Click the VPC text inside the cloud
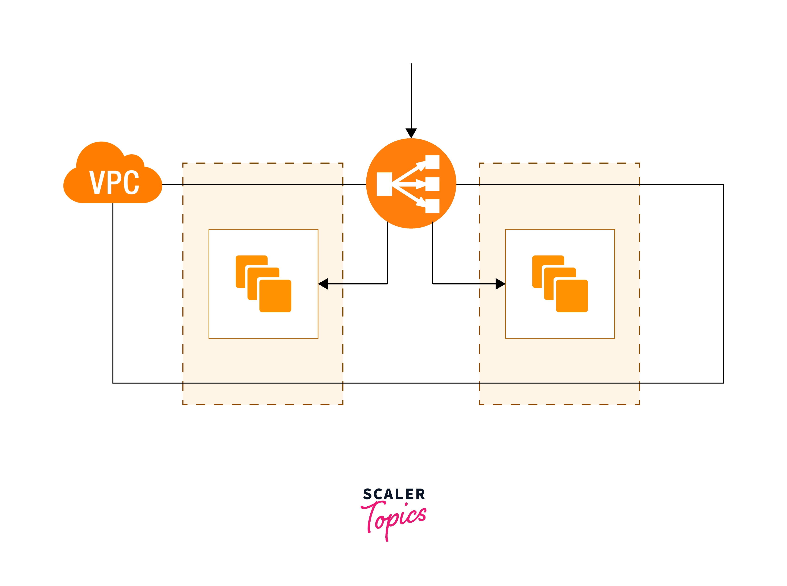coord(114,182)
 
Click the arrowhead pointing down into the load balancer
coord(411,133)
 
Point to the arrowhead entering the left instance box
coord(323,284)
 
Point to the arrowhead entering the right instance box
coord(500,284)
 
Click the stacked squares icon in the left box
coord(263,284)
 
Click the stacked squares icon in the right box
coord(560,284)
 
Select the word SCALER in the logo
coord(394,494)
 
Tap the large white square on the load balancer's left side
coord(384,184)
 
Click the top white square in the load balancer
coord(432,162)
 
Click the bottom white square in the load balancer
coord(432,206)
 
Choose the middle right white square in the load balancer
coord(432,184)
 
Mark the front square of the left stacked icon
coord(275,296)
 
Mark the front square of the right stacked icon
coord(572,296)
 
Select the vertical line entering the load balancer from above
coord(411,96)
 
